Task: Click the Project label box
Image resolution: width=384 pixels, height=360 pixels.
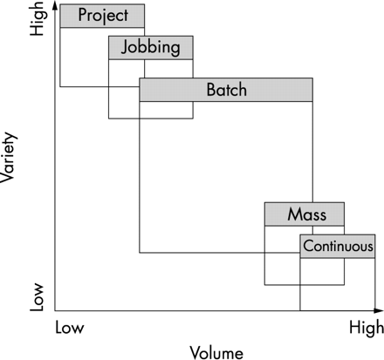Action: pos(102,16)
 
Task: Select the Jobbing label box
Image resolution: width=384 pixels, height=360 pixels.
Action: pos(151,48)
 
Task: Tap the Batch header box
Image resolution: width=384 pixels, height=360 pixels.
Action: pos(226,90)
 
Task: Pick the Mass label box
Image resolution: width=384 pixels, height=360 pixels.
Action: pos(305,214)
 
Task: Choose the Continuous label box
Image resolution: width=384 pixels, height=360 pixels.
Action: pos(338,246)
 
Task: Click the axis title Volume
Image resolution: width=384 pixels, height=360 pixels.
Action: pos(216,353)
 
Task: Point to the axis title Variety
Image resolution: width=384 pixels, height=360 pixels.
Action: pos(8,157)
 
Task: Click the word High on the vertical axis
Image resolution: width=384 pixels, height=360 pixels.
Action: pos(38,19)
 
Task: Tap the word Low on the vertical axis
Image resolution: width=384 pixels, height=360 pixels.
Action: pos(37,296)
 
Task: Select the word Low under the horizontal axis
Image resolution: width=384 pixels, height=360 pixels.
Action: pos(70,328)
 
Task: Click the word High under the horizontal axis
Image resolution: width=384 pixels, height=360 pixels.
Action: pos(367,328)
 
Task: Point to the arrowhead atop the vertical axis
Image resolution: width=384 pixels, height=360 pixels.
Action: pos(54,5)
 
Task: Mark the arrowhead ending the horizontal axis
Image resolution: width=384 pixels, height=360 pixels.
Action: pos(379,310)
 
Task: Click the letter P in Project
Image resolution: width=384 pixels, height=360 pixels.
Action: pos(83,15)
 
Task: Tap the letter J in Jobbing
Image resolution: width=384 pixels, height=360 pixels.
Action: pos(125,47)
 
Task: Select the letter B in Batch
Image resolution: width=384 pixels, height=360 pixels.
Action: pos(211,90)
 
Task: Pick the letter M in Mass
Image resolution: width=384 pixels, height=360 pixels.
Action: pos(295,214)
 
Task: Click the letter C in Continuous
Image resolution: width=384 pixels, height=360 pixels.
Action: pos(308,247)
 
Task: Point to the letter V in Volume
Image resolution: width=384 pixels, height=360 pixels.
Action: pos(195,352)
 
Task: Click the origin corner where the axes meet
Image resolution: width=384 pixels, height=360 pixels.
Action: pos(55,310)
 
